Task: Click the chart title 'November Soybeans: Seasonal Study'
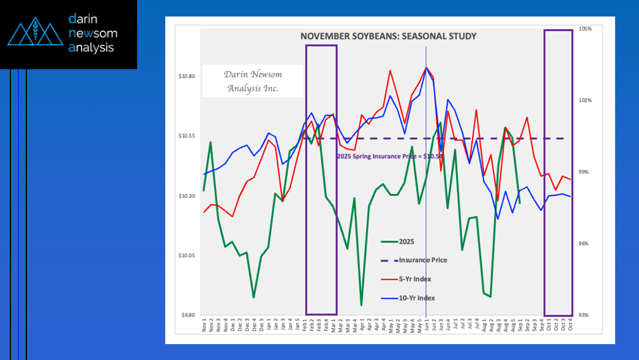pyautogui.click(x=388, y=37)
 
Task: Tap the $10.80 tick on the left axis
pyautogui.click(x=187, y=77)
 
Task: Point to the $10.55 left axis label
pyautogui.click(x=187, y=136)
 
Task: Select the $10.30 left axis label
pyautogui.click(x=187, y=196)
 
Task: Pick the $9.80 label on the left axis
pyautogui.click(x=187, y=315)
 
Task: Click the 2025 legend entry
pyautogui.click(x=406, y=242)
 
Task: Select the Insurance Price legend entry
pyautogui.click(x=422, y=260)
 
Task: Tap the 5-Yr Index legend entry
pyautogui.click(x=414, y=279)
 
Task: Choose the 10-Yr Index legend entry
pyautogui.click(x=416, y=298)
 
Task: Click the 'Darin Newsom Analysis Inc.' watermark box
pyautogui.click(x=253, y=81)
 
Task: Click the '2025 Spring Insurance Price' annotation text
pyautogui.click(x=386, y=156)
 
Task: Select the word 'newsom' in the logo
pyautogui.click(x=93, y=33)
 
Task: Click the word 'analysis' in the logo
pyautogui.click(x=92, y=48)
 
